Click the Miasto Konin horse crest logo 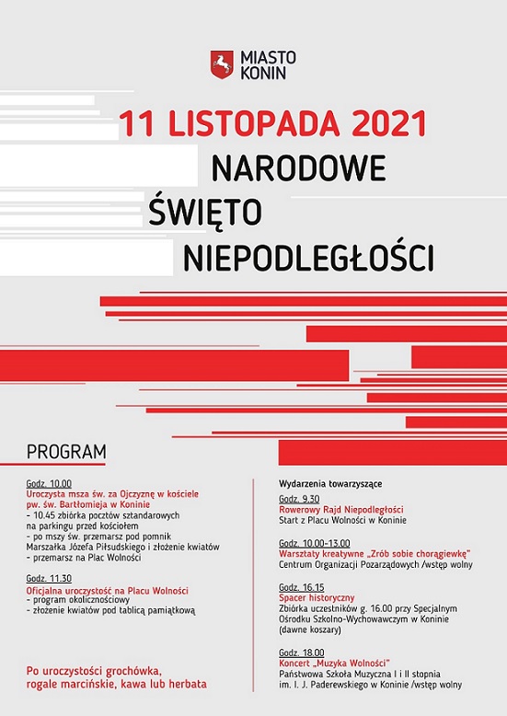[x=221, y=64]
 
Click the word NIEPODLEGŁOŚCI [x=308, y=257]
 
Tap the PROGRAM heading [x=66, y=452]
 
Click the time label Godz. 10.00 [x=49, y=483]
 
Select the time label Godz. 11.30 [x=49, y=579]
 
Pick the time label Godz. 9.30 [x=298, y=499]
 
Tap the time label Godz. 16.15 [x=301, y=587]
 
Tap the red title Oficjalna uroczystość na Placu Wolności [x=108, y=590]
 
